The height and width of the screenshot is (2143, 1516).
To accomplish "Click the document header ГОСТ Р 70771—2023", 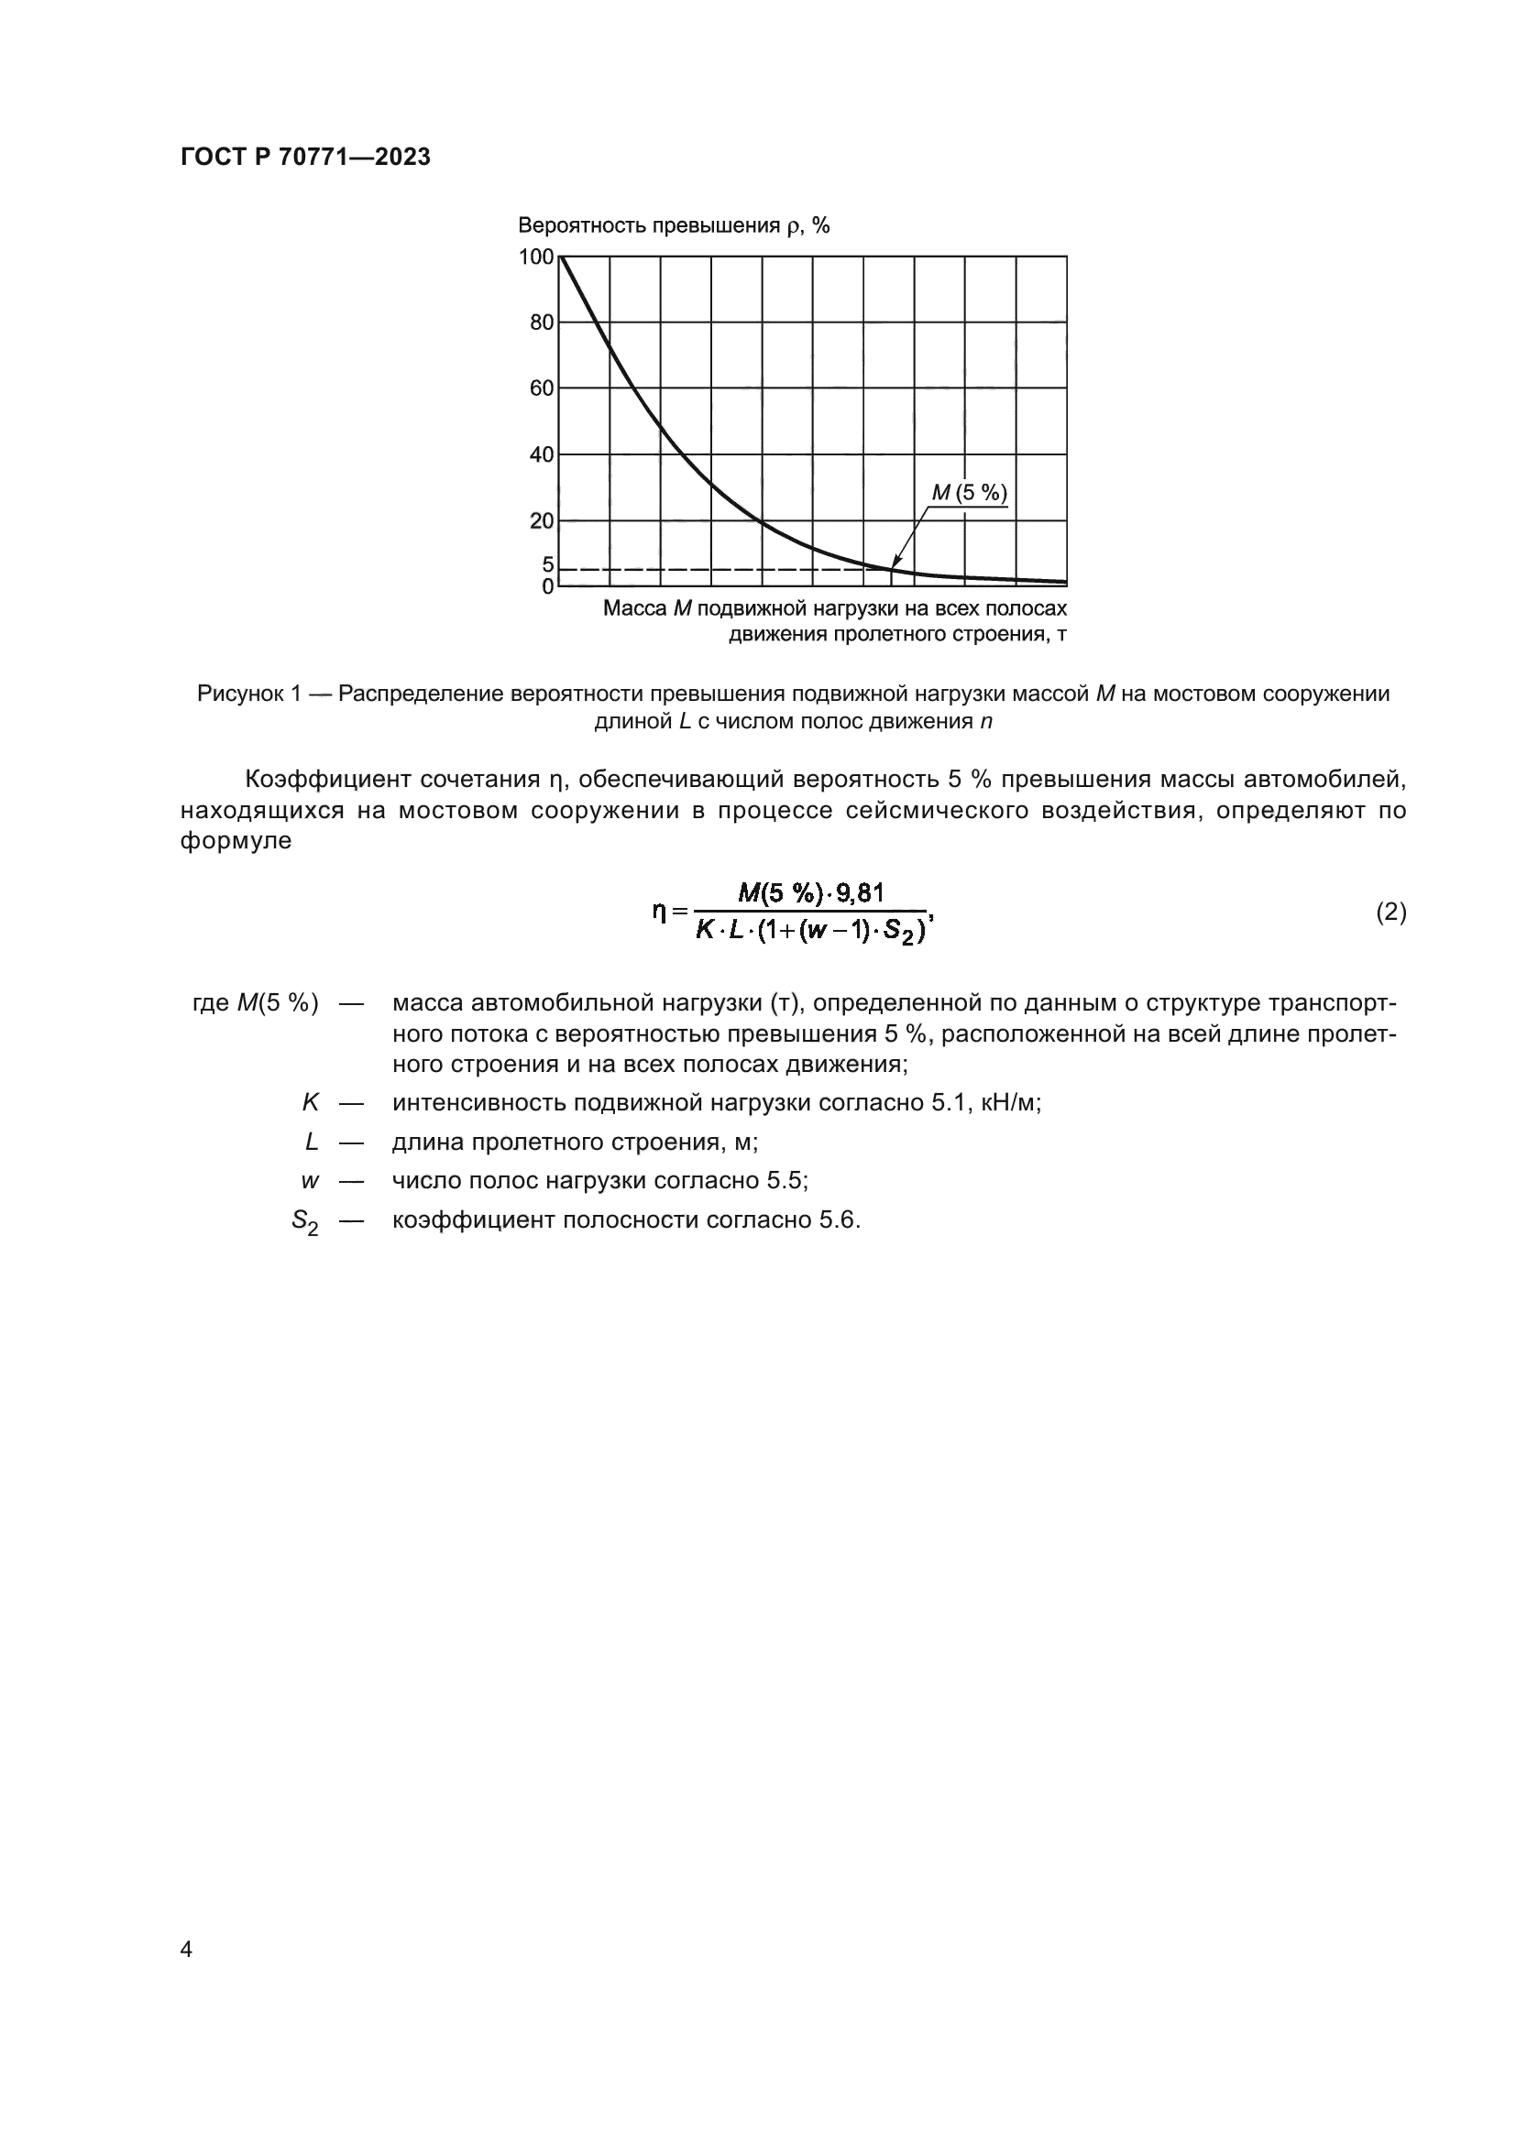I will point(305,157).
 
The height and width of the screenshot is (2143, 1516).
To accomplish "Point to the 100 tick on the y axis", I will point(537,257).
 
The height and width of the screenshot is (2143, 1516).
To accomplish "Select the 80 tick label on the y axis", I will point(542,323).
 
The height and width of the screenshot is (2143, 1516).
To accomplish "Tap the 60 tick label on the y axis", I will point(542,388).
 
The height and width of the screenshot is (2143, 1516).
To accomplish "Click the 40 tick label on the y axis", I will point(542,454).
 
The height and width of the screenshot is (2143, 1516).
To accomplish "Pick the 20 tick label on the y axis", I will point(542,520).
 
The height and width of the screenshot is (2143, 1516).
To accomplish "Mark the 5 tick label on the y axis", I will point(548,564).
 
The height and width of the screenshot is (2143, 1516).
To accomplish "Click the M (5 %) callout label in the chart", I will point(970,493).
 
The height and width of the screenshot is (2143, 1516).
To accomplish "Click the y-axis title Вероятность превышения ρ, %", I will point(673,226).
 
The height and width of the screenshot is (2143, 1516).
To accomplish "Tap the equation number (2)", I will point(1391,912).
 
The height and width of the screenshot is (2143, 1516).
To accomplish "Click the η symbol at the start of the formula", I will point(660,910).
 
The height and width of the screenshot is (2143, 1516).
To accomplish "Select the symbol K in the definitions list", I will point(310,1102).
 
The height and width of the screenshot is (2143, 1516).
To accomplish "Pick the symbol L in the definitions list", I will point(312,1142).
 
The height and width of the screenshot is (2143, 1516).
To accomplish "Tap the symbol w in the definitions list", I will point(310,1181).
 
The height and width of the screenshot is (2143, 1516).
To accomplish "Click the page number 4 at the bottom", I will point(186,1949).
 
